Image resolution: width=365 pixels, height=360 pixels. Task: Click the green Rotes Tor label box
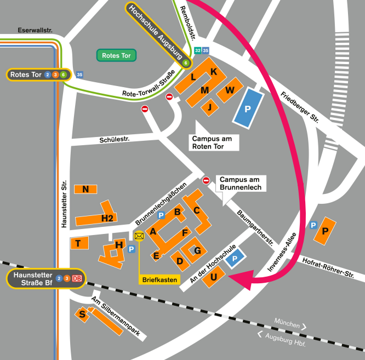116,55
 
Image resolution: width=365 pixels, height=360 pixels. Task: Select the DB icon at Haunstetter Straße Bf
77,279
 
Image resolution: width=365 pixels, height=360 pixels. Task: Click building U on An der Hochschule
214,277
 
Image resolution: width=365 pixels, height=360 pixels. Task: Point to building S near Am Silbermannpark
83,314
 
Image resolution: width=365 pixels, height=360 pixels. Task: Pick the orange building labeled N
85,190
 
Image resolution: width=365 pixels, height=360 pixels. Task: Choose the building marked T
79,243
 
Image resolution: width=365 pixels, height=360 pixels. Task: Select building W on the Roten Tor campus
231,89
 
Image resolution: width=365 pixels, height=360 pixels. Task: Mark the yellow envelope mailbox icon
139,236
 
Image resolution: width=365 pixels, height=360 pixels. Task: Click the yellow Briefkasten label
159,279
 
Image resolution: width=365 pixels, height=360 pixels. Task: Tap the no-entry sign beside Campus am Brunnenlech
207,180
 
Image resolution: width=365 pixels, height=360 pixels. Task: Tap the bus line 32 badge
198,51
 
